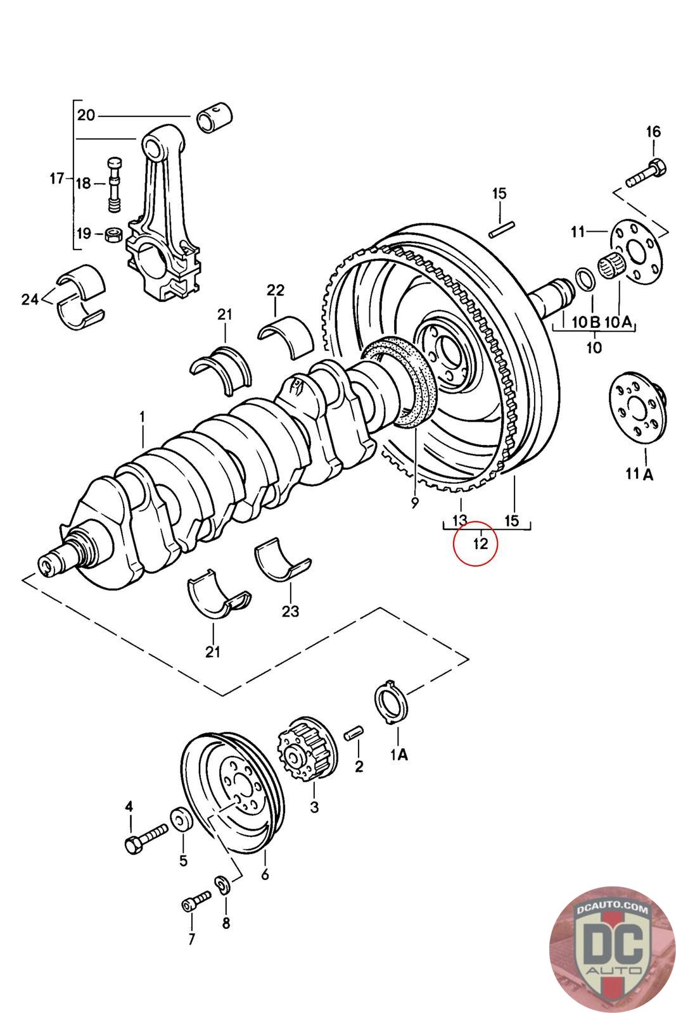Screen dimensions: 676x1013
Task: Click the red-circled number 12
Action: [480, 543]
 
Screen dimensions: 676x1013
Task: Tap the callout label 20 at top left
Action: [86, 115]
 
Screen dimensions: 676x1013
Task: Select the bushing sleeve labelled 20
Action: [215, 118]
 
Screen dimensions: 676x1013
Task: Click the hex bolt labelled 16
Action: [646, 173]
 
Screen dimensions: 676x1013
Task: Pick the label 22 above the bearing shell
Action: [275, 290]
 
